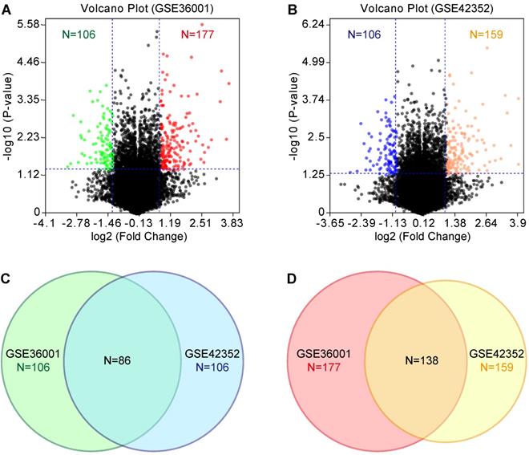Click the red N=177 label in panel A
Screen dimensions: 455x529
(x=199, y=35)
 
